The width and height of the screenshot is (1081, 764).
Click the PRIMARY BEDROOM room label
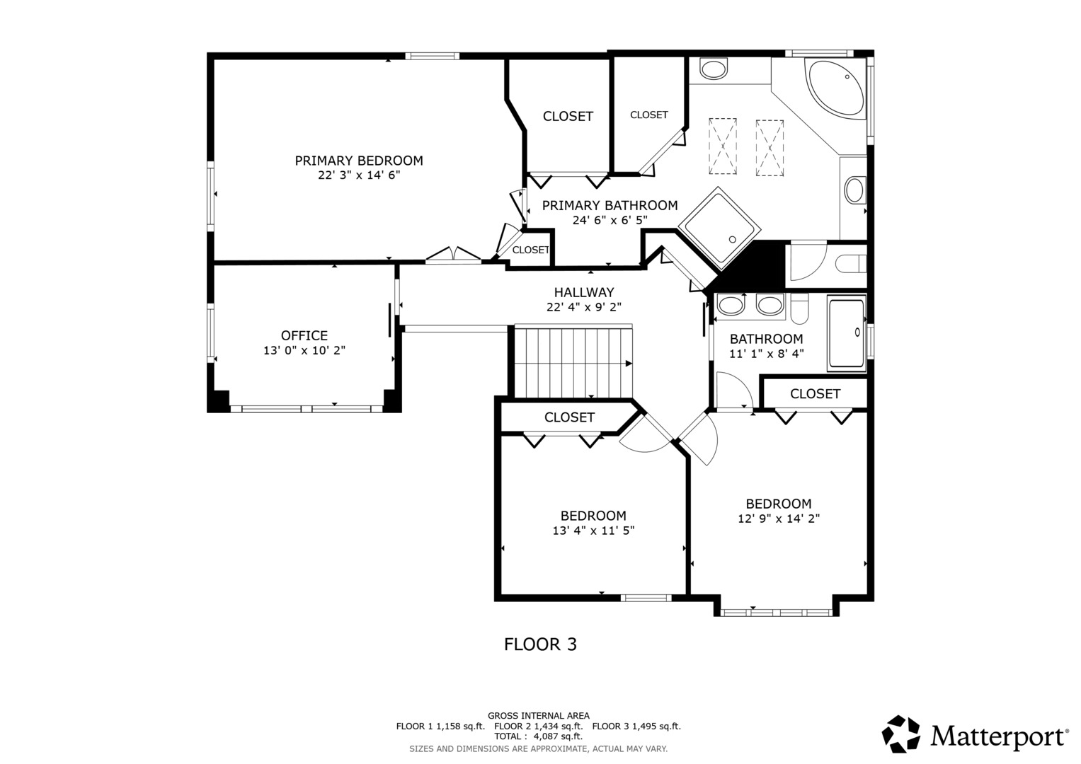click(359, 161)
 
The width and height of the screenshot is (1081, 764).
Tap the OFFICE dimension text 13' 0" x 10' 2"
click(304, 350)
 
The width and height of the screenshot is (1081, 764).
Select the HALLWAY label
click(584, 292)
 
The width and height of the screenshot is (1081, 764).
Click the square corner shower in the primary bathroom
click(719, 228)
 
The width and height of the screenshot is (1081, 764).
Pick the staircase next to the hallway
click(573, 361)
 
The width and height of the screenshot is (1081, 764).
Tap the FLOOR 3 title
click(541, 644)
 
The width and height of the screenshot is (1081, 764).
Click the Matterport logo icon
click(900, 734)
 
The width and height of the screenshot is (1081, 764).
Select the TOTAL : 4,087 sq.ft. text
click(539, 736)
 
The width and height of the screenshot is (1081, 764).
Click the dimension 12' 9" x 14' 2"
click(779, 519)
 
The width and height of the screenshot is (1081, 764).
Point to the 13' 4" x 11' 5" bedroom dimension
click(593, 531)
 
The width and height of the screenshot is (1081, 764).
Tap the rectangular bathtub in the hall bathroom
click(847, 333)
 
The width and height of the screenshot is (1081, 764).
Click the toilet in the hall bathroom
click(799, 308)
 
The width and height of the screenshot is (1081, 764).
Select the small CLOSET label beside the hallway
click(531, 250)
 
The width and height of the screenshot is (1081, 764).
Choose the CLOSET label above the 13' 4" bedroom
click(569, 417)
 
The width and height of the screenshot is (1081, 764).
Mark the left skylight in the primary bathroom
click(722, 146)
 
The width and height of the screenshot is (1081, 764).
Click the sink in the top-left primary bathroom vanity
click(714, 69)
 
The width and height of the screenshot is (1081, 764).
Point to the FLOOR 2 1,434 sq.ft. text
click(539, 727)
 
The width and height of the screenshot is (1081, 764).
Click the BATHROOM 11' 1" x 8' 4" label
click(767, 347)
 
